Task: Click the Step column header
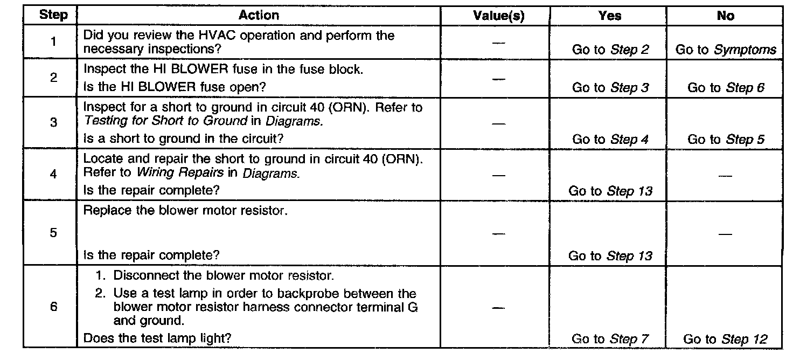coord(53,15)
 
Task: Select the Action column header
coord(259,15)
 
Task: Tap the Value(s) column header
coord(498,16)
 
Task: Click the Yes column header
coord(609,16)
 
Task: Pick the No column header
coord(725,16)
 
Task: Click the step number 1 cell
coord(53,42)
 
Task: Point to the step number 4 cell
coord(53,175)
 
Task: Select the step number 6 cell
coord(53,307)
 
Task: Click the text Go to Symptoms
coord(726,50)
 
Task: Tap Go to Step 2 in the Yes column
coord(610,50)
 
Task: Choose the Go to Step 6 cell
coord(726,87)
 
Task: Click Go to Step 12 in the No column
coord(725,339)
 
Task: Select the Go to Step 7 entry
coord(610,339)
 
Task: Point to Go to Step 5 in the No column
coord(726,139)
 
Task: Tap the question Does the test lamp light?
coord(157,338)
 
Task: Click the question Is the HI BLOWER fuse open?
coord(175,87)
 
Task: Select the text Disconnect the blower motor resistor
coord(224,276)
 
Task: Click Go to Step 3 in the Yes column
coord(610,87)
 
